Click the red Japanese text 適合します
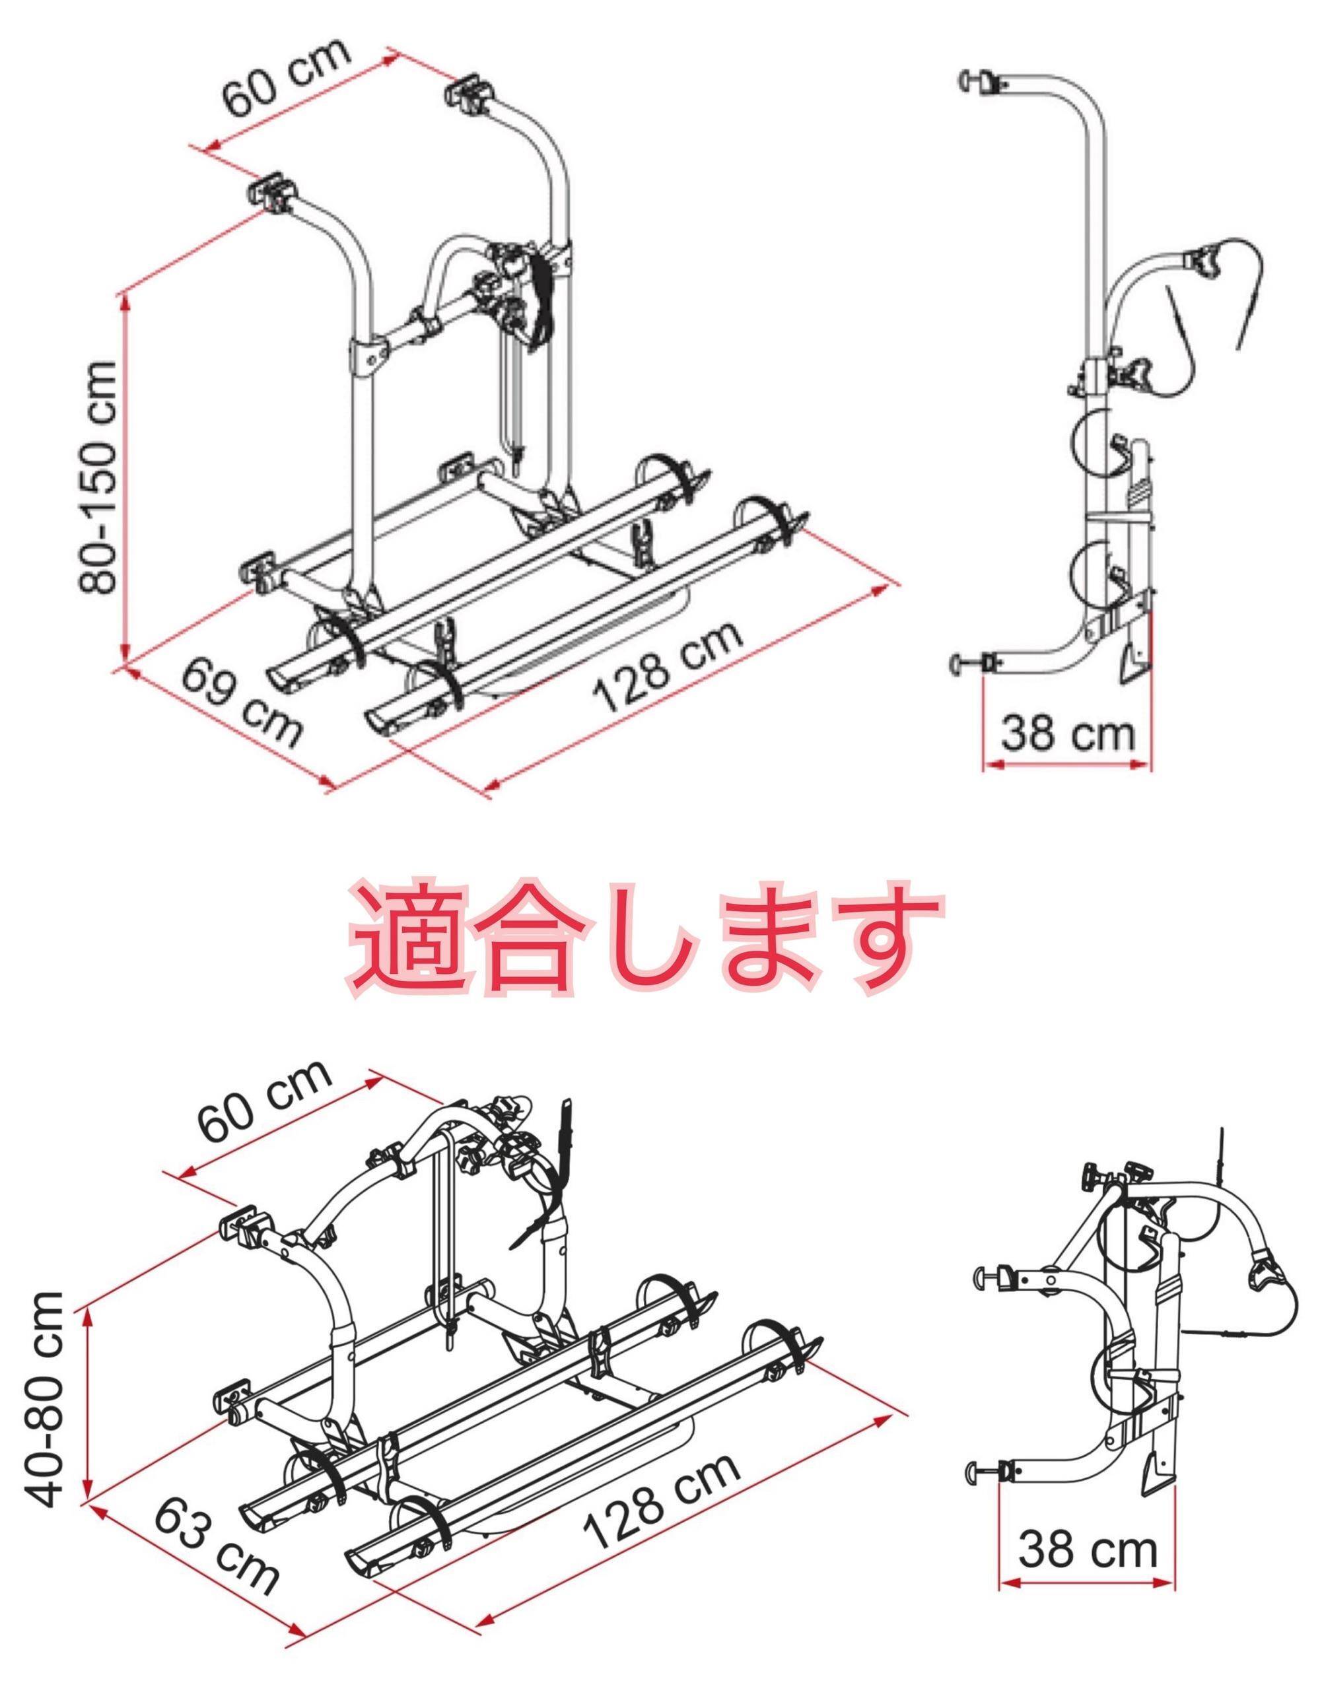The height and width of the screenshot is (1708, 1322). pos(646,938)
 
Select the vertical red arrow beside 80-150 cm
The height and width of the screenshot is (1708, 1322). pos(123,477)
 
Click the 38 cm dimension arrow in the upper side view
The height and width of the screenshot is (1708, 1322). pos(1068,767)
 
